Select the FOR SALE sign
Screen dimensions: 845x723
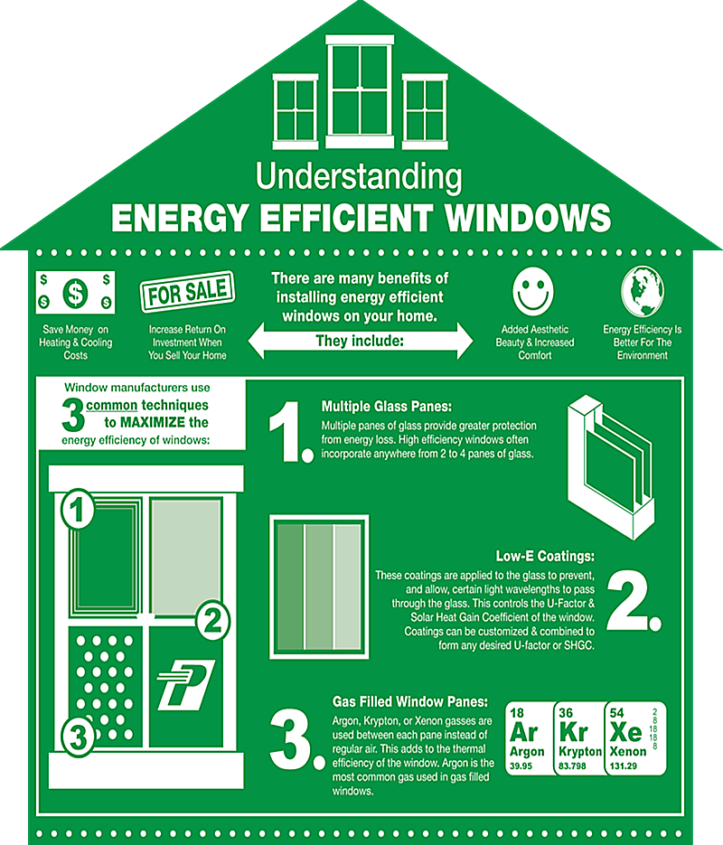coord(186,293)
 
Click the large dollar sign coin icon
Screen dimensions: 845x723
coord(76,292)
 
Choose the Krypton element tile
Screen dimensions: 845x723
coord(580,737)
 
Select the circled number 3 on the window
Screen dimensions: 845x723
coord(79,736)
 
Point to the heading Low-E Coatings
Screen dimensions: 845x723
coord(544,557)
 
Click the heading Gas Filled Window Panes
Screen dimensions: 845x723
coord(410,702)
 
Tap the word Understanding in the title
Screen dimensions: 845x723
coord(358,175)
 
